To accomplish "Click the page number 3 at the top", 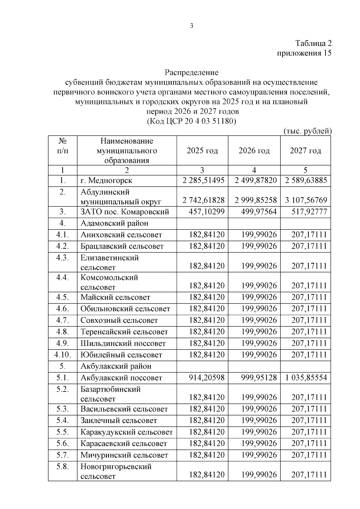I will pos(192,26).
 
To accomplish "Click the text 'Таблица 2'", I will pos(313,43).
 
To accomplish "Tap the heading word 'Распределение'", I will pos(191,73).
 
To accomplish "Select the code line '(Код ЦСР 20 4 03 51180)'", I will pos(191,121).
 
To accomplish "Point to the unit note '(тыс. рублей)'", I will pos(307,131).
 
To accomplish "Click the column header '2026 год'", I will pos(254,151).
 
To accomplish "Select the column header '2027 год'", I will pos(305,151).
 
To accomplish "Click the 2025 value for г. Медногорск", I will pos(203,181).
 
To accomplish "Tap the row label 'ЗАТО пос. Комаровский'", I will pos(124,212).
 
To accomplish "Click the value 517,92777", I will pos(309,212).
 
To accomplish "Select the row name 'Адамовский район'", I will pos(114,223).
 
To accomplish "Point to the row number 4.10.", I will pos(62,355).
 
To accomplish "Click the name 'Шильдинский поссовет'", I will pos(123,343).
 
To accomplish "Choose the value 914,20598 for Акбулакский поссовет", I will pos(206,378).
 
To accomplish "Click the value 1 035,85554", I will pos(306,378).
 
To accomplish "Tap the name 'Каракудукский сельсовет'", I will pos(127,432).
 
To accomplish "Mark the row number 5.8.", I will pos(62,466).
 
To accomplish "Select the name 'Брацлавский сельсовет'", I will pos(122,246).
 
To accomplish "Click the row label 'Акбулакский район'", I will pos(116,366).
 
